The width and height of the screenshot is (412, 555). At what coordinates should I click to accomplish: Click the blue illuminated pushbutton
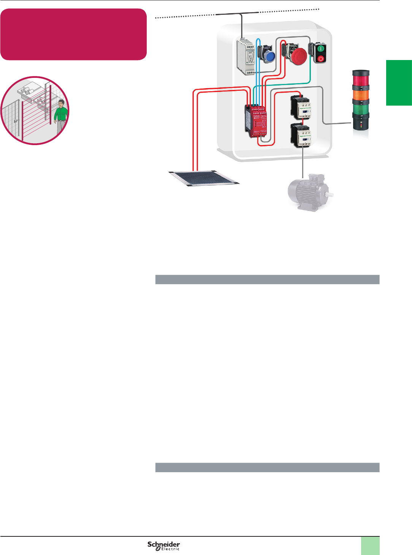270,57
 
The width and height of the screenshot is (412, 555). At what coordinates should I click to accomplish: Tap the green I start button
320,49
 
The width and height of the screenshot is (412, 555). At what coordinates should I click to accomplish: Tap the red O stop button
320,59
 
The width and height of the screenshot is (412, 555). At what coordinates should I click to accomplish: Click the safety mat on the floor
204,178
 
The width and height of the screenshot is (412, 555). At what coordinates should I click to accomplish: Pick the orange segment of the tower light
361,95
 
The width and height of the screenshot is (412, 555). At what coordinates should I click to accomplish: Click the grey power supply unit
245,57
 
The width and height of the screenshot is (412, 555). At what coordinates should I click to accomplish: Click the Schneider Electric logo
164,546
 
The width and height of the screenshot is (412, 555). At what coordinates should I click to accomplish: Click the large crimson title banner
73,34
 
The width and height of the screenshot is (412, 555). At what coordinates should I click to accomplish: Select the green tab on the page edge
399,82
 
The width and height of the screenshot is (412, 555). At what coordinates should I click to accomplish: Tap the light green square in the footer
370,546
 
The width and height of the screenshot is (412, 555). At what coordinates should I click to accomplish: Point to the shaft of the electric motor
331,194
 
